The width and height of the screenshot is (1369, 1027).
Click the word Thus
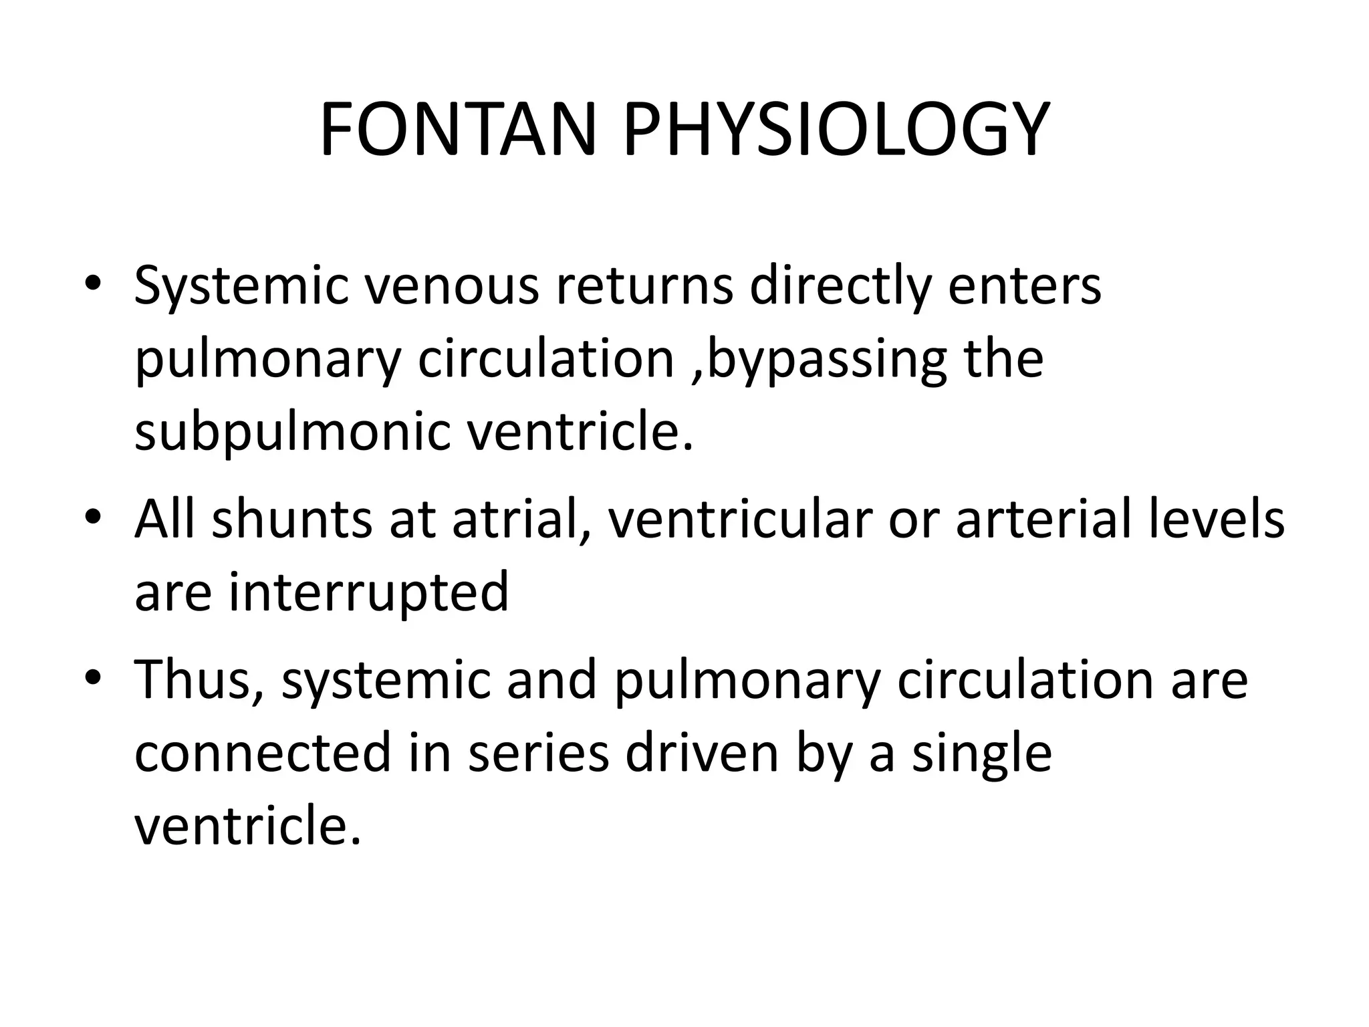pos(198,680)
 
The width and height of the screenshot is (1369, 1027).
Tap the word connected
pos(263,754)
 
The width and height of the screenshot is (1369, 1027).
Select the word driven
pos(703,754)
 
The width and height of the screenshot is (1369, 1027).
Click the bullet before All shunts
pos(93,518)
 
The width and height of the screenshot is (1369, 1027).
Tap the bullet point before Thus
pos(93,678)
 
